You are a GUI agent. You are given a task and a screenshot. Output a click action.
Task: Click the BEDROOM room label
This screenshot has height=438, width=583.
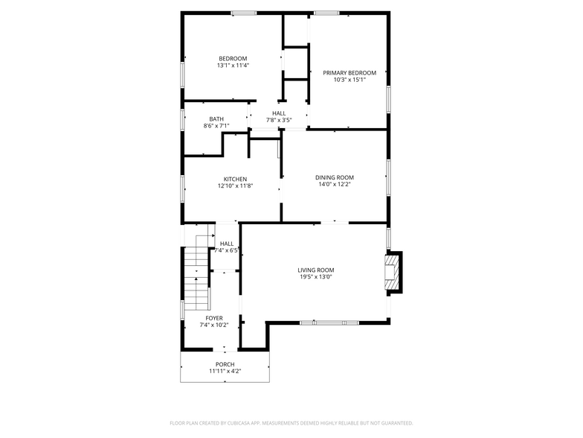[x=233, y=59]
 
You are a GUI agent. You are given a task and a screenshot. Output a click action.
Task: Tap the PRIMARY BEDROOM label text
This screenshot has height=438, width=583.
[x=349, y=73]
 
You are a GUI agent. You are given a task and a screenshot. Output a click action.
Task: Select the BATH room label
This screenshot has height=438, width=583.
[x=216, y=119]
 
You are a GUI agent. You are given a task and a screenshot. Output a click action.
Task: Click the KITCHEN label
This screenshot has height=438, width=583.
[x=235, y=179]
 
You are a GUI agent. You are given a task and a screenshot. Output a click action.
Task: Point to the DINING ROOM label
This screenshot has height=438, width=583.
[x=334, y=177]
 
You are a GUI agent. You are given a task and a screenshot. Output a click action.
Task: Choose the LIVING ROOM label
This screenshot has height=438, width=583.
[x=315, y=270]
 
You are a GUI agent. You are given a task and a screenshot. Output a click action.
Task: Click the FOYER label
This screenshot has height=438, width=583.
[x=214, y=318]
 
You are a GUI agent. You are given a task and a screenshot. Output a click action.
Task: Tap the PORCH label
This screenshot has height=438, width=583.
[x=225, y=364]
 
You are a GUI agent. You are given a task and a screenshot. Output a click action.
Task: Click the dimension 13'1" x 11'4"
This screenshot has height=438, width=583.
[x=233, y=66]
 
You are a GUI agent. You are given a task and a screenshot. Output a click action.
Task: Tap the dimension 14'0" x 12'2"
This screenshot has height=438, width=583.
[x=334, y=184]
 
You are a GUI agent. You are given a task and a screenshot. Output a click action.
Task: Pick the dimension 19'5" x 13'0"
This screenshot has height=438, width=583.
[x=315, y=277]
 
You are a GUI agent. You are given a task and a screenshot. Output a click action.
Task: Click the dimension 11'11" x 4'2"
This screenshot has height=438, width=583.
[x=225, y=371]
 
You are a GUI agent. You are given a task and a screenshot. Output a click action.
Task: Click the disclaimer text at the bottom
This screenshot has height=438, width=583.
[x=291, y=422]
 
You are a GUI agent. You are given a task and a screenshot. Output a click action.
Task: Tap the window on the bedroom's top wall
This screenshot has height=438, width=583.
[x=243, y=13]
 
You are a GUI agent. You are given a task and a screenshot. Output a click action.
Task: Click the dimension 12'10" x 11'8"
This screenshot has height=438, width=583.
[x=235, y=185]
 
